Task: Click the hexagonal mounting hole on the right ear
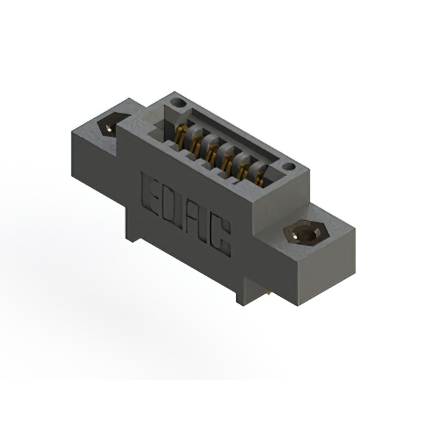(306, 234)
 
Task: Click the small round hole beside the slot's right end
(288, 166)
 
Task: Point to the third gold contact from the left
(211, 152)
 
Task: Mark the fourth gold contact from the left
(228, 161)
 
